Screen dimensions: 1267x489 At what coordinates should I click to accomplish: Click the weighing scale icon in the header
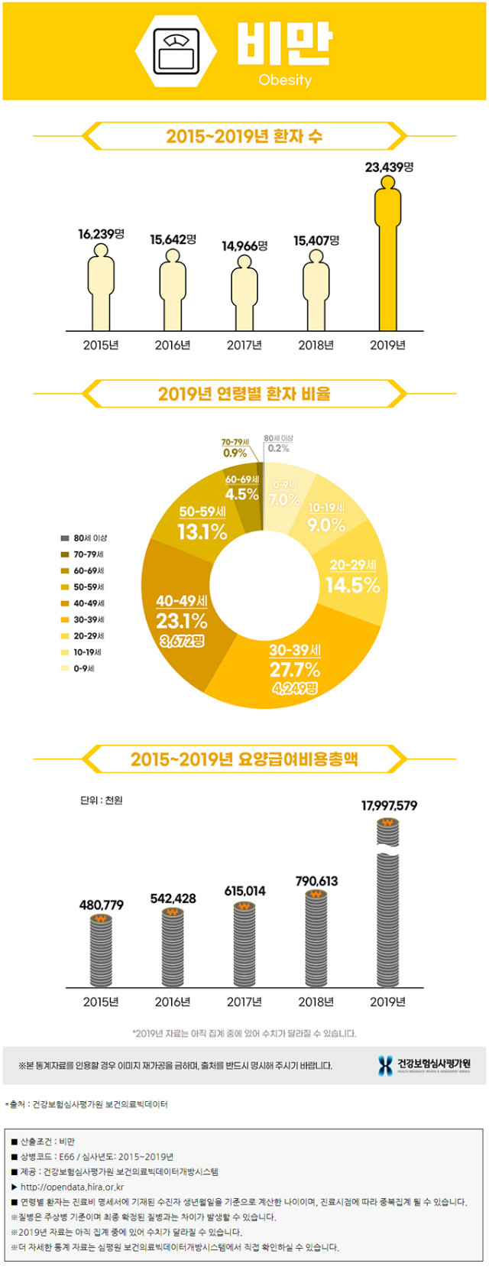tap(176, 50)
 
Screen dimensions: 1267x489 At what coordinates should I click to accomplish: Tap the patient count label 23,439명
tap(389, 167)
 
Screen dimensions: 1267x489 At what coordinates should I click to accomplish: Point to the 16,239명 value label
tap(101, 234)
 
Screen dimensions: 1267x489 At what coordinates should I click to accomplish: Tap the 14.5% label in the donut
tap(352, 585)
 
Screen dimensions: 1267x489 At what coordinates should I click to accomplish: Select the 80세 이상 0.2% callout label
tap(278, 444)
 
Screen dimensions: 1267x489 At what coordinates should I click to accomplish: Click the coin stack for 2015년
tap(101, 950)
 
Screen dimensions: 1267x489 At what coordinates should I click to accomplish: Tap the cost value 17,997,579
tap(389, 805)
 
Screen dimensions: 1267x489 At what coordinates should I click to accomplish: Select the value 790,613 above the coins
tap(316, 881)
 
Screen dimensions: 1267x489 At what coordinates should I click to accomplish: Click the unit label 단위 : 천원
tap(101, 800)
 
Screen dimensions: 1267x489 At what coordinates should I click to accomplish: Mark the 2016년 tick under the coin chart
tap(173, 1002)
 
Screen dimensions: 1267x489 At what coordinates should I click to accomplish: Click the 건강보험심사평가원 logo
tap(425, 1065)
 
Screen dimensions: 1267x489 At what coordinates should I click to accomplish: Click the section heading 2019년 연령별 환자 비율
tap(244, 394)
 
